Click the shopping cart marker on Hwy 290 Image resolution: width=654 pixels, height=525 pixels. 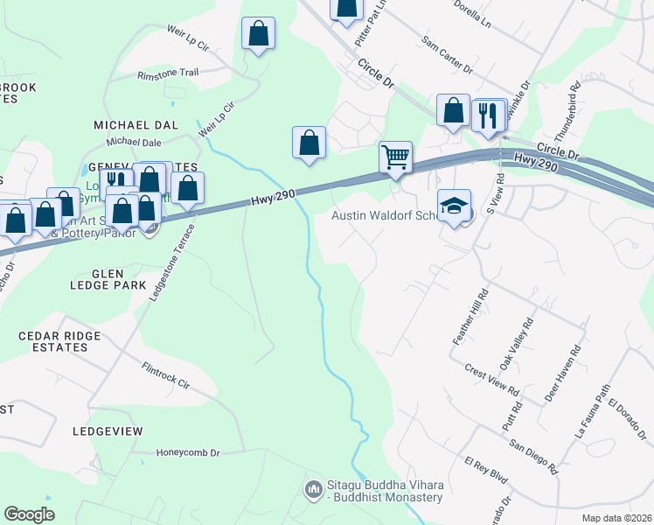pos(395,158)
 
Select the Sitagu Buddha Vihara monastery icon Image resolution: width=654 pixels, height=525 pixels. pos(313,486)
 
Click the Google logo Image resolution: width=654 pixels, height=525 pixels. pos(29,514)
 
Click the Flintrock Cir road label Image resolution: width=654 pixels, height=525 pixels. pos(166,376)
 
